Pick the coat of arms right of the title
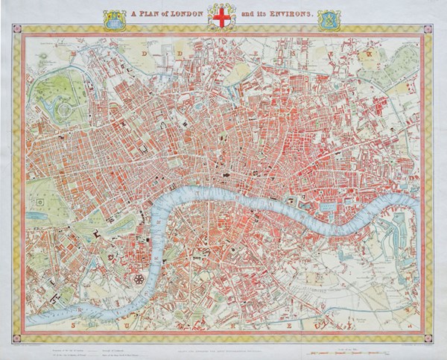(326, 19)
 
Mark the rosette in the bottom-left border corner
(17, 333)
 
